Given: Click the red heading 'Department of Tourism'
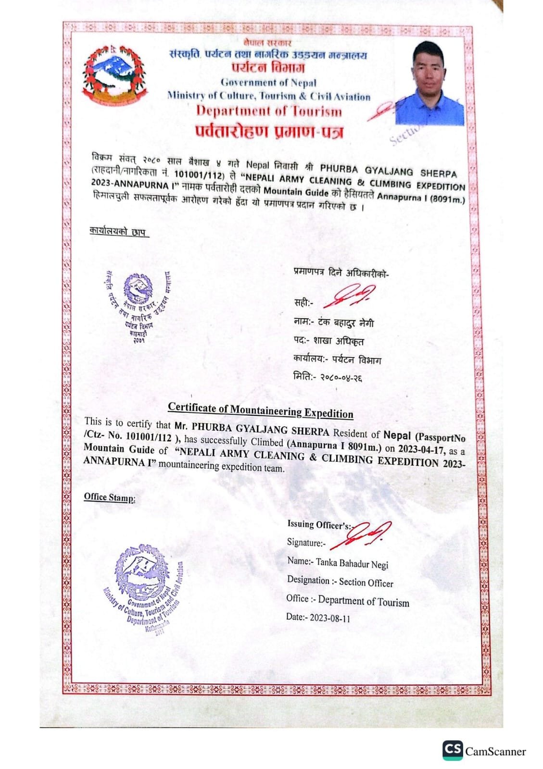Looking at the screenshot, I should pos(269,111).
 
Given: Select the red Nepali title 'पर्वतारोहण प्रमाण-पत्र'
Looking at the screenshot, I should pos(269,131).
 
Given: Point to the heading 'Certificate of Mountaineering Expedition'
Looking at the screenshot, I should pos(261,410).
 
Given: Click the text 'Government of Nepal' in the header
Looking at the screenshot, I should pos(268,83).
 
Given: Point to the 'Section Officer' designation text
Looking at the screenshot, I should pos(366,583).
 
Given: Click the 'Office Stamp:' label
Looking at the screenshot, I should pos(110,497).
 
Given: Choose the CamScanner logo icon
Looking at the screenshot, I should pos(453,750).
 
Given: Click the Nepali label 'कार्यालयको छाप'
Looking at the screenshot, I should pos(118,231).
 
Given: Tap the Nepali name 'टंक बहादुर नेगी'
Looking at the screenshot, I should pos(345,323).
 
